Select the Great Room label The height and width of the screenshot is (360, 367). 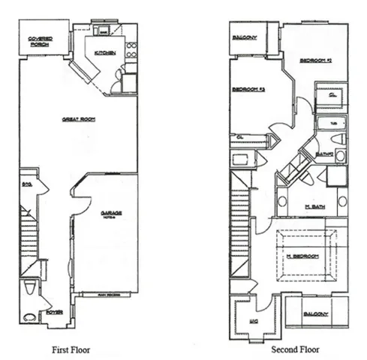(78, 118)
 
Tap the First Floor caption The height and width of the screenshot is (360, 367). (73, 349)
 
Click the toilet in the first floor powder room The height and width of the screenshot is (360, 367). (30, 287)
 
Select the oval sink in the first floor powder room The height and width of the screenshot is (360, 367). (30, 317)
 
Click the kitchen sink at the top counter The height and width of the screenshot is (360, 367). (104, 32)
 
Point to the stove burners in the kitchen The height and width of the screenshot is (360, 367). (131, 50)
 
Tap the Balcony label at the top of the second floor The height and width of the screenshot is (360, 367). (245, 37)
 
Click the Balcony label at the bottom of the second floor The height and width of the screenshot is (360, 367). (315, 313)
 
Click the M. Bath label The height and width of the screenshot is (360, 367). (314, 206)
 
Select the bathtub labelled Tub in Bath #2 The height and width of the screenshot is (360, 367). (330, 123)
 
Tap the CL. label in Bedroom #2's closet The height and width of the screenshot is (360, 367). (331, 95)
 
